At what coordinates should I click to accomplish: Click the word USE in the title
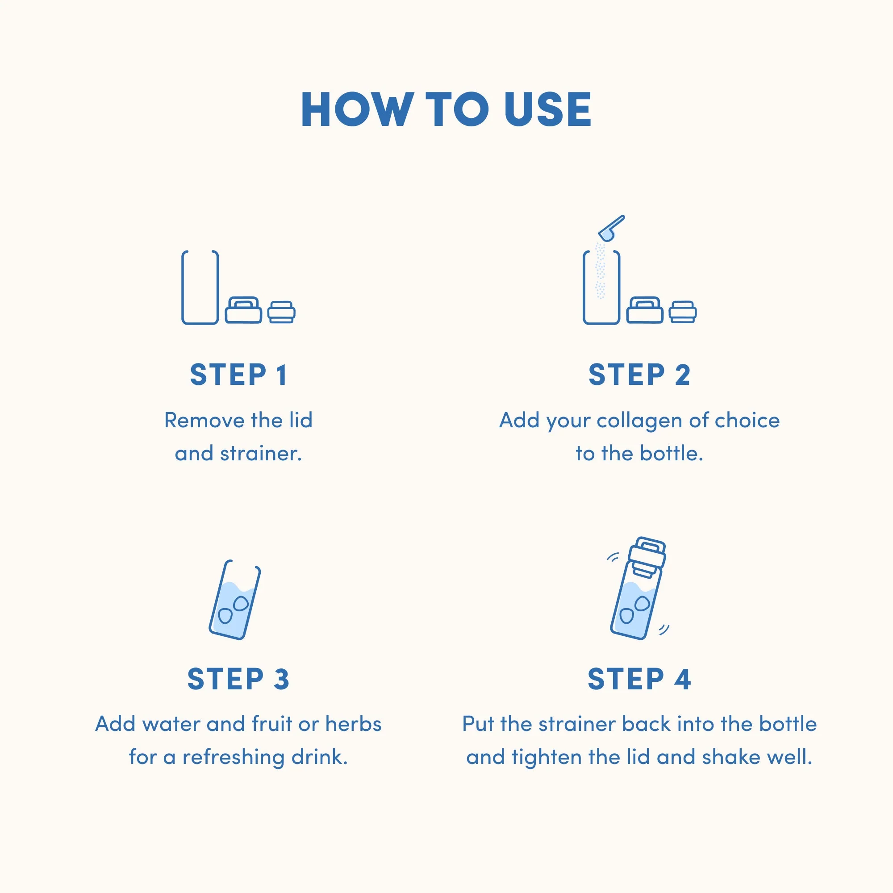click(x=548, y=109)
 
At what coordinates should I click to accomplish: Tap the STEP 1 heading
click(x=238, y=375)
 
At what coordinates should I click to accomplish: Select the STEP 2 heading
click(x=639, y=375)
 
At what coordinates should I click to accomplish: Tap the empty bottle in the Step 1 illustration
click(x=200, y=288)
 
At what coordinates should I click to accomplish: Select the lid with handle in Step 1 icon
click(x=244, y=310)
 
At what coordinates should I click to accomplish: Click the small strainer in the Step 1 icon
click(x=281, y=312)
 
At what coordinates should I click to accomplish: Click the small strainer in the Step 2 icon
click(x=683, y=312)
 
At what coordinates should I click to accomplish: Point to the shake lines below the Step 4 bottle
click(x=664, y=629)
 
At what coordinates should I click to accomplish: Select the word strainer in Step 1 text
click(x=261, y=454)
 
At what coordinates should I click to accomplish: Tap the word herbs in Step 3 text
click(x=354, y=724)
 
